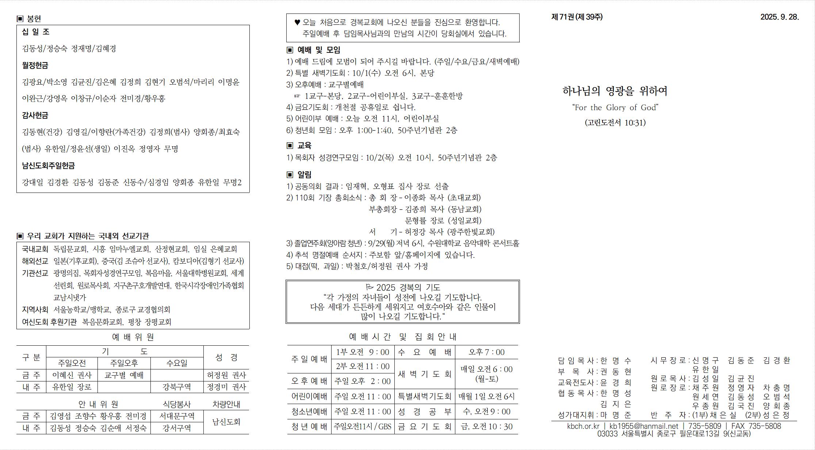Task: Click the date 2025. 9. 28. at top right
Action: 779,17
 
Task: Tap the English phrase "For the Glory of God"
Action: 615,107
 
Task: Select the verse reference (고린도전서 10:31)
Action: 615,123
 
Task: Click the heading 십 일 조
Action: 35,32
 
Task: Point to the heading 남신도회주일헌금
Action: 48,166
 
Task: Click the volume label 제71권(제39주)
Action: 577,17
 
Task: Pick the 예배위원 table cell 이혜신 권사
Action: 72,375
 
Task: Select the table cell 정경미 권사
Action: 226,387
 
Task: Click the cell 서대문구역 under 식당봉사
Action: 177,416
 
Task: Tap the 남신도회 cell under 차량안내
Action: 226,422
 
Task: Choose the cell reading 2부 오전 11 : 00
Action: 363,366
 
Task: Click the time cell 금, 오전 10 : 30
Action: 486,426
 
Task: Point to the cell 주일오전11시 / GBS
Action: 363,426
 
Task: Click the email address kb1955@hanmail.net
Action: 643,426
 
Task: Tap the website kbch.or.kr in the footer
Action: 583,426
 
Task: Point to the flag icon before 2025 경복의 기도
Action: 370,287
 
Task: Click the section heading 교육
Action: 304,146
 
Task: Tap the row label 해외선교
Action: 35,261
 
